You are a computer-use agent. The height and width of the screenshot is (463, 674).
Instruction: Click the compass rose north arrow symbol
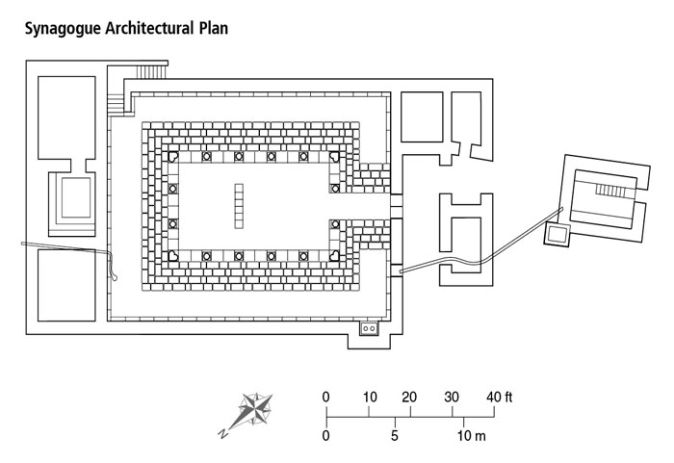[254, 408]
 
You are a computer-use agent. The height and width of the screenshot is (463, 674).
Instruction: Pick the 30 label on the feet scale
[452, 398]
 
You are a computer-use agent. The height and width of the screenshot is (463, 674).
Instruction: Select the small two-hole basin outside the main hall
[369, 329]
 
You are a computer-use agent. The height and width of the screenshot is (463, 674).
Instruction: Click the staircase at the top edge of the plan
[148, 71]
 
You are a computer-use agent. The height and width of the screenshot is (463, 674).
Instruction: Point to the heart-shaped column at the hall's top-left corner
[173, 157]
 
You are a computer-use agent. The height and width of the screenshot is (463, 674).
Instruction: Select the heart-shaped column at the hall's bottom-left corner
[173, 256]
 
